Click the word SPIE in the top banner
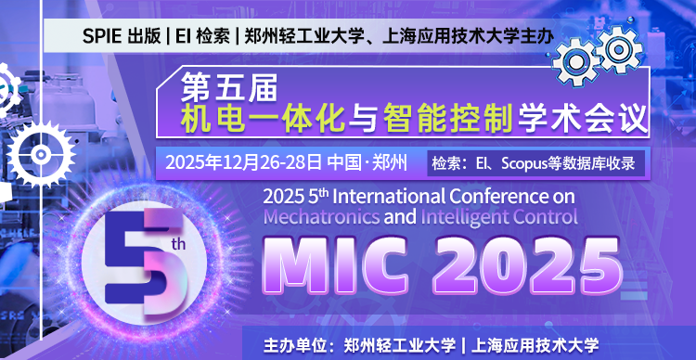[102, 37]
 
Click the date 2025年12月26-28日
[243, 163]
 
